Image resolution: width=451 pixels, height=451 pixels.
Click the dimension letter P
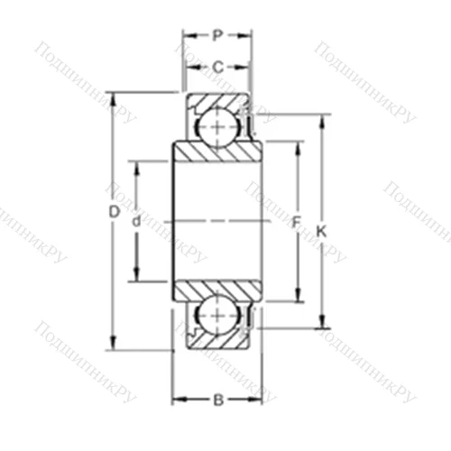click(x=216, y=36)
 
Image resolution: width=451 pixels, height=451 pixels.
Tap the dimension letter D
click(x=114, y=213)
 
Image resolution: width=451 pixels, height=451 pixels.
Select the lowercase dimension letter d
click(x=136, y=221)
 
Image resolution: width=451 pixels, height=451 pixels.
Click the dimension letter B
click(x=217, y=399)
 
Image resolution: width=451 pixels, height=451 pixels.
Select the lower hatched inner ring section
click(x=218, y=288)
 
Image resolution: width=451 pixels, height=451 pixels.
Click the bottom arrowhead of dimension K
click(x=321, y=323)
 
